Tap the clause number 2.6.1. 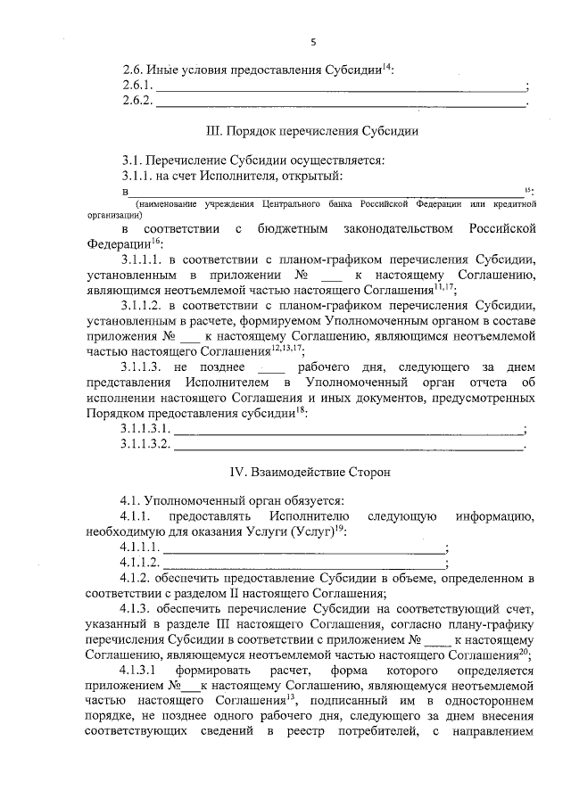(138, 86)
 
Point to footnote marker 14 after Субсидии (386, 66)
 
